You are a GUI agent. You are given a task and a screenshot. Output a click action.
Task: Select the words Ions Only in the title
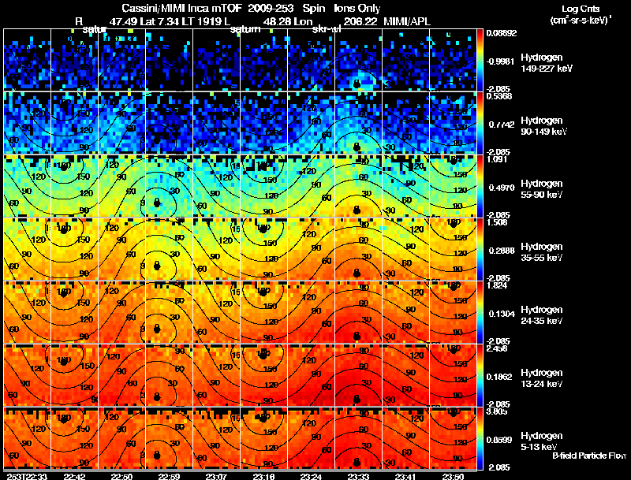coord(363,9)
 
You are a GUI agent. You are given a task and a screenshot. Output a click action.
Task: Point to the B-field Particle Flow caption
coord(588,456)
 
